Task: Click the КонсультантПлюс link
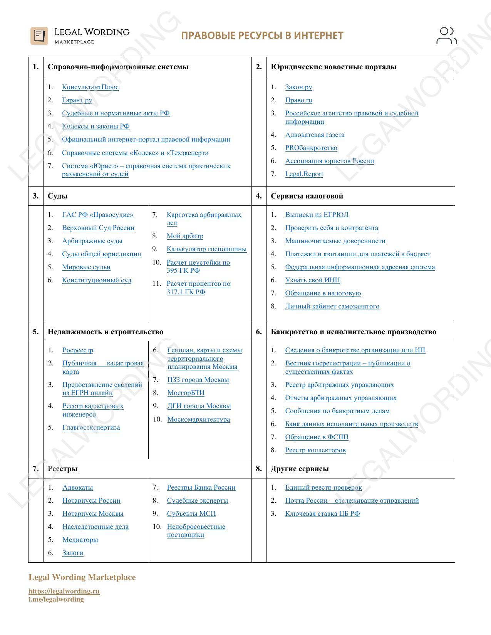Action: click(x=90, y=87)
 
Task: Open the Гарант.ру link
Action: click(x=77, y=100)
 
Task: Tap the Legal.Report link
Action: click(x=304, y=174)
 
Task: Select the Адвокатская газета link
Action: click(x=315, y=135)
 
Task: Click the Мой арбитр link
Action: click(x=185, y=236)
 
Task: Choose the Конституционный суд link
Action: click(x=97, y=280)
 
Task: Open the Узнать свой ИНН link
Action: click(x=312, y=280)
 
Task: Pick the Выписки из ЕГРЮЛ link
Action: click(x=317, y=215)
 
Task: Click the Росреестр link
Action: click(x=78, y=350)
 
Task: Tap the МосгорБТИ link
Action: click(x=186, y=393)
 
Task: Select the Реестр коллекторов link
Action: click(x=315, y=450)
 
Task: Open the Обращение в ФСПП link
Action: click(x=317, y=437)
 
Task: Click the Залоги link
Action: click(x=73, y=553)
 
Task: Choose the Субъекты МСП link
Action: click(x=191, y=514)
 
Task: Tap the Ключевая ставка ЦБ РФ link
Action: click(x=322, y=514)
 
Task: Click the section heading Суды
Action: click(x=58, y=196)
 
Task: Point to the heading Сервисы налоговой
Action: click(x=307, y=196)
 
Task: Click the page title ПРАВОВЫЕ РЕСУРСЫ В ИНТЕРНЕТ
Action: click(x=262, y=36)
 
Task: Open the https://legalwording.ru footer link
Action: click(x=64, y=592)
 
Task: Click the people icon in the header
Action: click(x=446, y=36)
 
